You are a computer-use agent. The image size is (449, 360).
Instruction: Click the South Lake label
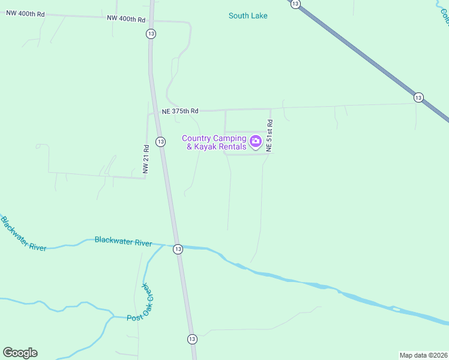[248, 16]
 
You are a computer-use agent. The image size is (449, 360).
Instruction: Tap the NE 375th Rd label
[180, 111]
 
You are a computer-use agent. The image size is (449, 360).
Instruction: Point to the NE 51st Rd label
[270, 135]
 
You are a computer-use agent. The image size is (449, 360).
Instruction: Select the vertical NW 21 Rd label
[145, 159]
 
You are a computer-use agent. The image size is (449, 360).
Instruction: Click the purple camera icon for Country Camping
[256, 142]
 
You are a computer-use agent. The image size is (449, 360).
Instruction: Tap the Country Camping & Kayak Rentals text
[214, 143]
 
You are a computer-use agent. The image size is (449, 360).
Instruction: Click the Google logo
[20, 353]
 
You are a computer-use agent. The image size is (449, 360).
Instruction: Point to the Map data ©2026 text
[424, 355]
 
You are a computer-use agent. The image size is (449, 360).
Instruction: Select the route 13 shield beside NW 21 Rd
[160, 142]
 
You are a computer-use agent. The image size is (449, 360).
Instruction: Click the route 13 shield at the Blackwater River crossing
[178, 248]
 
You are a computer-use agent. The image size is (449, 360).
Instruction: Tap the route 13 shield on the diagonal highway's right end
[418, 97]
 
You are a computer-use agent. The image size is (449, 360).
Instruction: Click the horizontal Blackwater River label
[123, 241]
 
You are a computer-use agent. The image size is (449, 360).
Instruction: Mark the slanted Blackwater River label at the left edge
[23, 233]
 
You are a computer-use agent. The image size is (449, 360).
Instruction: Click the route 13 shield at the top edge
[295, 4]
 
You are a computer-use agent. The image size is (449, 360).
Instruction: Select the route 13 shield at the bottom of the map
[191, 339]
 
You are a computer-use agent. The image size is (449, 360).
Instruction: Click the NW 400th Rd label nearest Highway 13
[126, 19]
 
